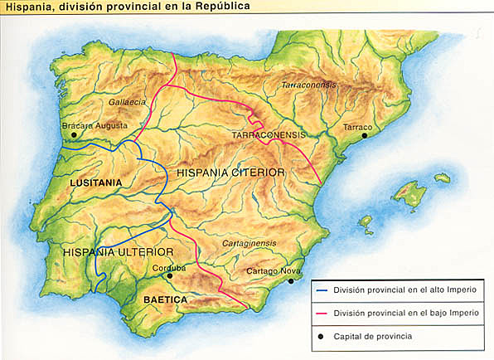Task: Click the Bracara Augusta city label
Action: coord(95,125)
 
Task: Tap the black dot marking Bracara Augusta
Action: coord(74,134)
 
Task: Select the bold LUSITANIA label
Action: coord(95,182)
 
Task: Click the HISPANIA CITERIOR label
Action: coord(231,172)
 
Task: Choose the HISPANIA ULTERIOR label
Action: coord(119,251)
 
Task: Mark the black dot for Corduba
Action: coord(170,276)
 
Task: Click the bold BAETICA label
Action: coord(165,299)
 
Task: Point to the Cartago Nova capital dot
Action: coord(291,281)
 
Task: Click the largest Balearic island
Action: coord(409,194)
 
